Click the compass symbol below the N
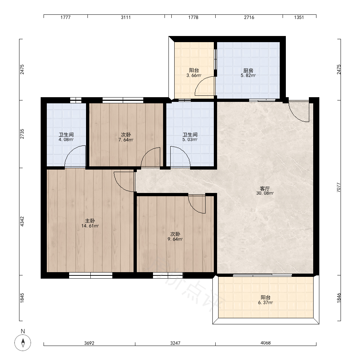23,343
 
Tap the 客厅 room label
265,189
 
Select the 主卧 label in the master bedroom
90,221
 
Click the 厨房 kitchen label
248,71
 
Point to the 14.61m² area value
90,226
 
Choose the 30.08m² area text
265,193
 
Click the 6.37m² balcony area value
265,303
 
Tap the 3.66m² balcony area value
194,75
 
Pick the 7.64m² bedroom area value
126,140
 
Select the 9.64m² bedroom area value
175,239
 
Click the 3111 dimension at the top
126,17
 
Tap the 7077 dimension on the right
339,187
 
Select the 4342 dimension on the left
22,221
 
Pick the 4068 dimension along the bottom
266,343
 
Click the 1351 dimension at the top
299,17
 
